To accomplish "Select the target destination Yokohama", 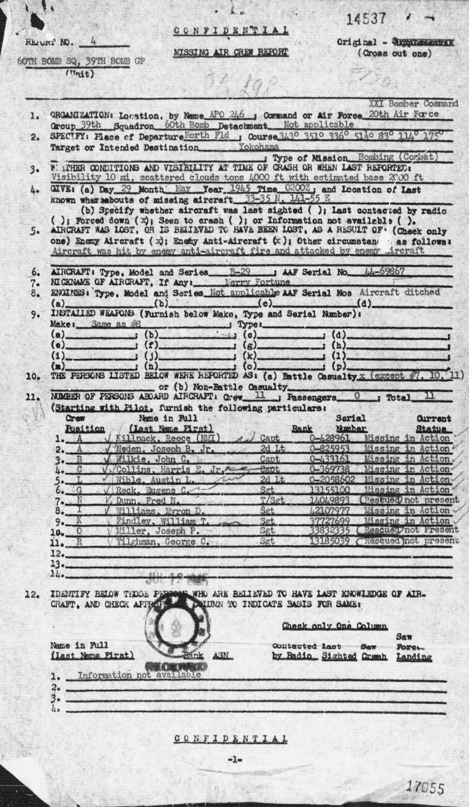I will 259,147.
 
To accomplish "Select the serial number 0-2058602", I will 333,479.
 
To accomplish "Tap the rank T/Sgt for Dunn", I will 272,500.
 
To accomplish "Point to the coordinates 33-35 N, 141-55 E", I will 287,199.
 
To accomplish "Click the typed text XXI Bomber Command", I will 413,104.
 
